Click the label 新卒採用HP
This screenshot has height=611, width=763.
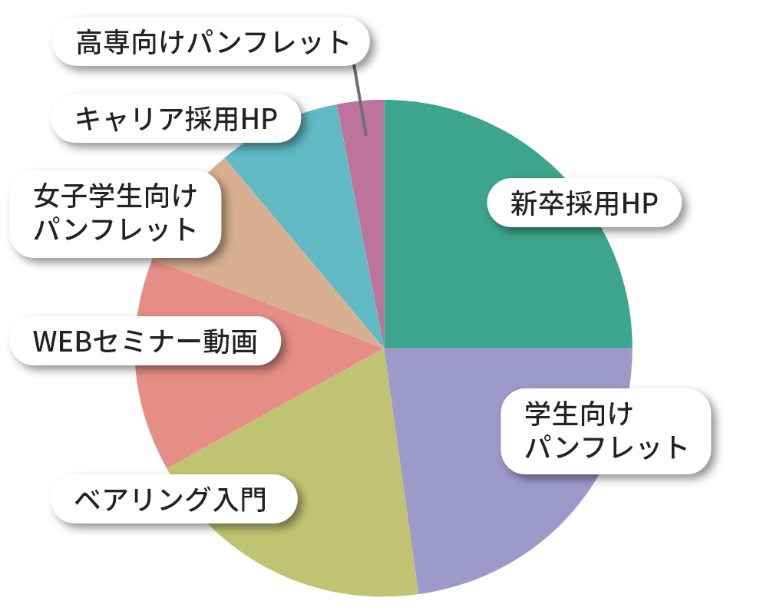[x=584, y=203]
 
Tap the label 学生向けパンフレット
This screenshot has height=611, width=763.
[x=606, y=431]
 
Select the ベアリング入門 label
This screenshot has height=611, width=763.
[x=172, y=499]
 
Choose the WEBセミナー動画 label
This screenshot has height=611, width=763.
[x=144, y=341]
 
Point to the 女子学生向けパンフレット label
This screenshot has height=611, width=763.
[x=115, y=213]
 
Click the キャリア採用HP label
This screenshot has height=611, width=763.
[x=175, y=119]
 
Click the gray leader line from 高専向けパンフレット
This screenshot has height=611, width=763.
[x=360, y=100]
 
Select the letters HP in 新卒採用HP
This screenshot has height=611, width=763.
[x=640, y=203]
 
